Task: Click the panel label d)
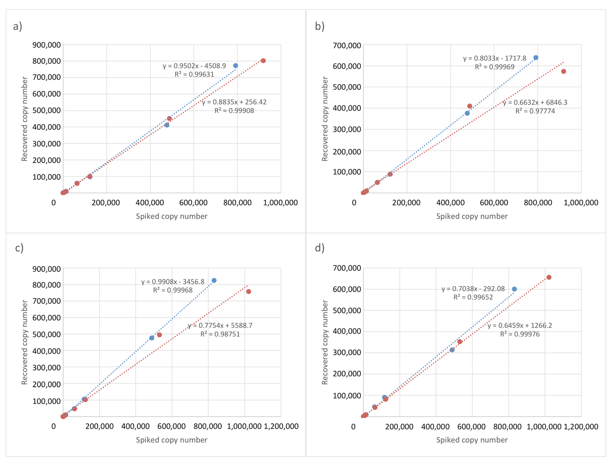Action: pyautogui.click(x=319, y=248)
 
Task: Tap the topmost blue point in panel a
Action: pyautogui.click(x=236, y=66)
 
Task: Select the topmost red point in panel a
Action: pyautogui.click(x=263, y=61)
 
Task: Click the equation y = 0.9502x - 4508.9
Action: pyautogui.click(x=194, y=66)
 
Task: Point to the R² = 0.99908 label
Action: pyautogui.click(x=234, y=111)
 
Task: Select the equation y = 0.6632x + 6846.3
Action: pyautogui.click(x=535, y=103)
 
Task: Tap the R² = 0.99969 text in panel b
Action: pyautogui.click(x=495, y=67)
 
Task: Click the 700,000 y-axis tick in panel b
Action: pyautogui.click(x=347, y=45)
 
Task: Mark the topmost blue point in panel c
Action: pyautogui.click(x=214, y=280)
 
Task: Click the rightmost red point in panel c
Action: pyautogui.click(x=249, y=292)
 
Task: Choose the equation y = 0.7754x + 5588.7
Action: pyautogui.click(x=220, y=325)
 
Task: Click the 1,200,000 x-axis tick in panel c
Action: pyautogui.click(x=281, y=426)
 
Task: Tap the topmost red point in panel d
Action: pyautogui.click(x=549, y=277)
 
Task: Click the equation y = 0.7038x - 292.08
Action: pyautogui.click(x=473, y=289)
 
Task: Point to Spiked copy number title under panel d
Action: pyautogui.click(x=472, y=440)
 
